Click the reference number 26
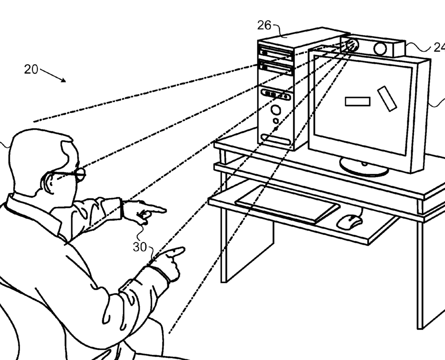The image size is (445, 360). pyautogui.click(x=264, y=25)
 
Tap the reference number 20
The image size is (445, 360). pyautogui.click(x=31, y=69)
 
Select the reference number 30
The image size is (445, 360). pyautogui.click(x=140, y=247)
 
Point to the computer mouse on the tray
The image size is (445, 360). pyautogui.click(x=349, y=221)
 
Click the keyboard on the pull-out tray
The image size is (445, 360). pyautogui.click(x=287, y=204)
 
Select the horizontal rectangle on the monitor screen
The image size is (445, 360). pyautogui.click(x=358, y=101)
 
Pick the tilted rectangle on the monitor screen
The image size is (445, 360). pyautogui.click(x=387, y=99)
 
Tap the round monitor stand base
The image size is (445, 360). pyautogui.click(x=364, y=168)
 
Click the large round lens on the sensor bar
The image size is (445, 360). pyautogui.click(x=380, y=49)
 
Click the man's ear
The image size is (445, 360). pyautogui.click(x=47, y=182)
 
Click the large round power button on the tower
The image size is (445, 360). pyautogui.click(x=276, y=109)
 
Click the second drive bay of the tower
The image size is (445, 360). pyautogui.click(x=276, y=67)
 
